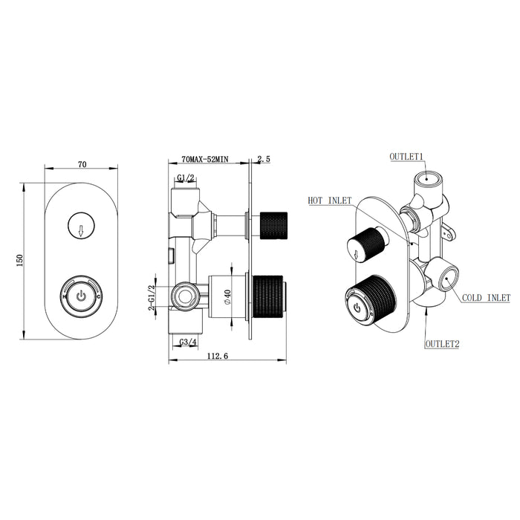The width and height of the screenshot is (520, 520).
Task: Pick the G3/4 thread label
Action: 189,342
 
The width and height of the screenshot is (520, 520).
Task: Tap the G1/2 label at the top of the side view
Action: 186,178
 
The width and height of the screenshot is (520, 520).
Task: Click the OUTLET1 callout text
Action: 406,157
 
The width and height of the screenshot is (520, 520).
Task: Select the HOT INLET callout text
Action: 330,201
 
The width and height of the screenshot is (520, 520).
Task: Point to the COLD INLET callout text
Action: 486,297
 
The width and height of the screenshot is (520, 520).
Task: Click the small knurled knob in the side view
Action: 276,224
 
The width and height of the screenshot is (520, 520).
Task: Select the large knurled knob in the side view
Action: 271,296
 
